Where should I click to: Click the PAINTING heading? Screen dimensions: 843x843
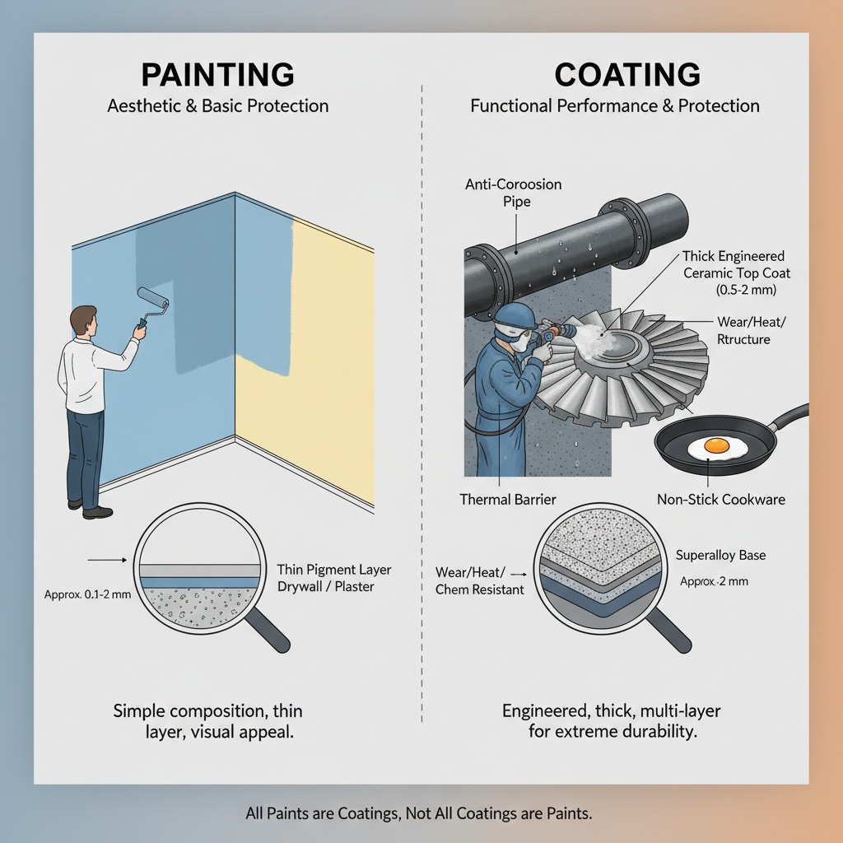click(217, 74)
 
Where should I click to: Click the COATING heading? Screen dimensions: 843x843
click(627, 74)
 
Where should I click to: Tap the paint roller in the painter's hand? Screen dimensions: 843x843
click(151, 303)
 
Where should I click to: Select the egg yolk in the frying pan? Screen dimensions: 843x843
click(717, 445)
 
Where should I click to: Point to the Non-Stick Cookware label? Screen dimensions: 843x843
click(721, 500)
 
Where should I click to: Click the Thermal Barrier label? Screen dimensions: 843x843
click(507, 500)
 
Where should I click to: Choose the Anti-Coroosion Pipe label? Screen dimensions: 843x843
click(514, 193)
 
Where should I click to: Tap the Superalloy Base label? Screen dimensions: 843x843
click(720, 555)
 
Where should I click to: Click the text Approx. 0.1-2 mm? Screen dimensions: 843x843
click(87, 594)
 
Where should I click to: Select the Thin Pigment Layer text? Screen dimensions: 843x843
click(334, 570)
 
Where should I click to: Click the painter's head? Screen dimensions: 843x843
click(85, 321)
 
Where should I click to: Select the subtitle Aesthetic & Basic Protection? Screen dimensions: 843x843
click(217, 105)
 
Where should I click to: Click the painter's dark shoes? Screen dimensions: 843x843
click(91, 509)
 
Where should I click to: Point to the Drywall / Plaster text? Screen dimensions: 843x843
click(325, 586)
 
